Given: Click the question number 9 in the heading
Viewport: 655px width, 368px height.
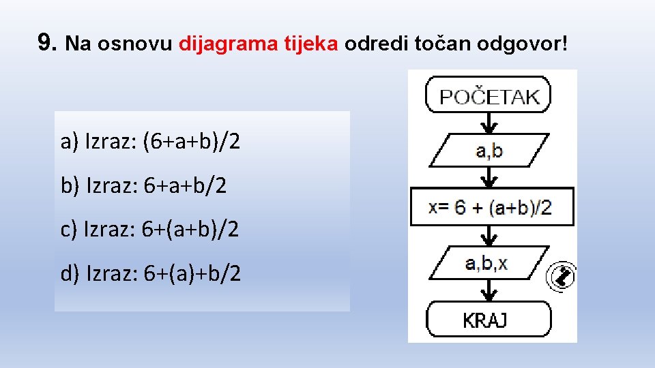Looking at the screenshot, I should (46, 44).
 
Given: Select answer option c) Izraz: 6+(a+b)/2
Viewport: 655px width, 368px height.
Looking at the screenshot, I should (150, 229).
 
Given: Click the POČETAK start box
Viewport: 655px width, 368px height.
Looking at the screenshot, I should (489, 96).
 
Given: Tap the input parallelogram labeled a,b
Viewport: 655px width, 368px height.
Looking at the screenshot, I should (489, 150).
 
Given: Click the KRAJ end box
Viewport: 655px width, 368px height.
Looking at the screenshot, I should (489, 319).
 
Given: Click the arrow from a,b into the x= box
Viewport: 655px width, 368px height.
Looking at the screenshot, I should (489, 178).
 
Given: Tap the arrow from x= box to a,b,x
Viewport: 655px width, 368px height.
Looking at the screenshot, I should (489, 236).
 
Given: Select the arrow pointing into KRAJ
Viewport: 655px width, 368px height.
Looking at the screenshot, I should (489, 292).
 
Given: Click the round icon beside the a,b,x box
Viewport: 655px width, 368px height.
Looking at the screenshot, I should (562, 277).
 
